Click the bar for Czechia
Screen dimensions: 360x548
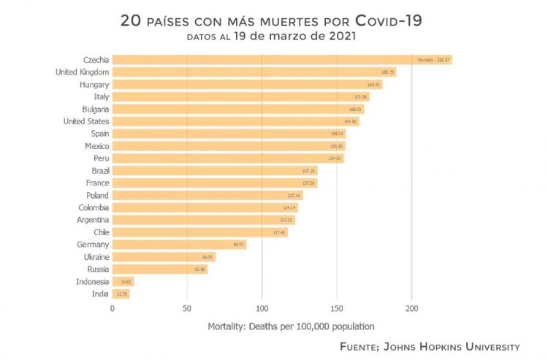pyautogui.click(x=281, y=60)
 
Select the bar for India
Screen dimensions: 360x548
pyautogui.click(x=121, y=294)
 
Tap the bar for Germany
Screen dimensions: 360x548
pyautogui.click(x=179, y=245)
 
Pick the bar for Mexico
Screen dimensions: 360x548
pyautogui.click(x=228, y=146)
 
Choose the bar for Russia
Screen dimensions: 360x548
pyautogui.click(x=159, y=269)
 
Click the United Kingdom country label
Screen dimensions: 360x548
pyautogui.click(x=83, y=72)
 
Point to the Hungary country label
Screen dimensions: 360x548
pyautogui.click(x=94, y=85)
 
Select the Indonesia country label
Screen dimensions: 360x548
pyautogui.click(x=92, y=282)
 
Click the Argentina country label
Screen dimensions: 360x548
pyautogui.click(x=93, y=220)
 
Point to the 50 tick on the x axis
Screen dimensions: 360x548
pyautogui.click(x=187, y=309)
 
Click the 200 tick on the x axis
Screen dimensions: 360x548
pyautogui.click(x=411, y=309)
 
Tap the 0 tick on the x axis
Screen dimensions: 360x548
pyautogui.click(x=113, y=309)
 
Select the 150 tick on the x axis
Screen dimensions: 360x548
pyautogui.click(x=337, y=309)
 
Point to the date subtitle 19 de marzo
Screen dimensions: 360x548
pyautogui.click(x=294, y=37)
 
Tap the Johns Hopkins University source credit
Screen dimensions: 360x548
pyautogui.click(x=430, y=346)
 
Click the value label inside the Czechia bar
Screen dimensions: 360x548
pyautogui.click(x=433, y=60)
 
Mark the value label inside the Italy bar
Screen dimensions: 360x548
pyautogui.click(x=360, y=97)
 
